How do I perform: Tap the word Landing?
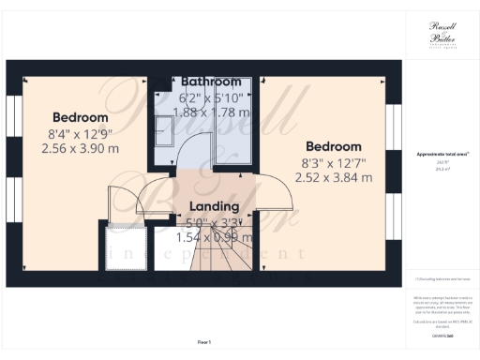(x=214, y=206)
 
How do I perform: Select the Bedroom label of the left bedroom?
(x=79, y=117)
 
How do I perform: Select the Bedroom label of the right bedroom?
(x=334, y=147)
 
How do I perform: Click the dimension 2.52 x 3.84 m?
(x=334, y=177)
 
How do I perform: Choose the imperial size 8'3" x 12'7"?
(x=334, y=162)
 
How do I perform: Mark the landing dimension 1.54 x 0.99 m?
(x=214, y=237)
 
